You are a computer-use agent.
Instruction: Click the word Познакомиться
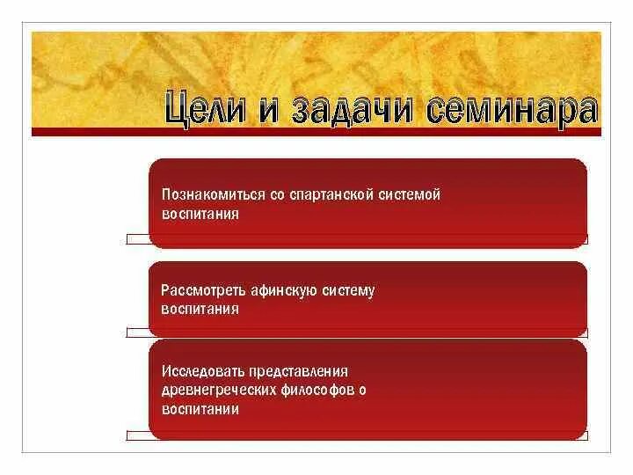(207, 194)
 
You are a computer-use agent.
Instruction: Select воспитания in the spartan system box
(200, 214)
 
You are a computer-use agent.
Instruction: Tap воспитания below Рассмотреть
(200, 310)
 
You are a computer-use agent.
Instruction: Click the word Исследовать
(201, 370)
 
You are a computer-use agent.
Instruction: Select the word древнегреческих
(215, 390)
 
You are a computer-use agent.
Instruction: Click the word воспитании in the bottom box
(200, 409)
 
